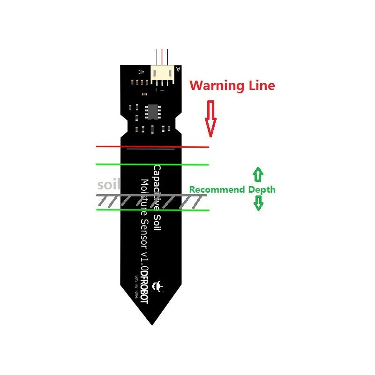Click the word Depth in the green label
[x=262, y=190]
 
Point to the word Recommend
[x=217, y=190]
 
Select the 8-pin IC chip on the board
[x=153, y=112]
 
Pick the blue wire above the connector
[x=167, y=56]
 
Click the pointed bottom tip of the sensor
[x=152, y=322]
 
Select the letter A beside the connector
[x=178, y=69]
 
